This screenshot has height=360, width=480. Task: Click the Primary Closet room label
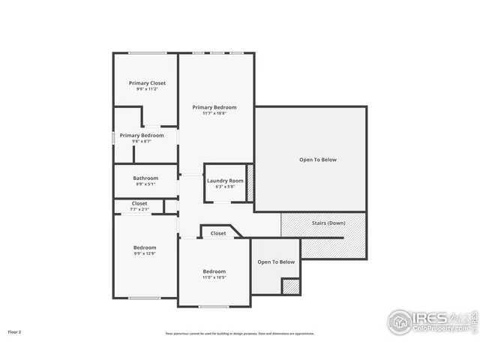click(x=147, y=82)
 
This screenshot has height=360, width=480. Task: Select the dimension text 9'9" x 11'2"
click(x=147, y=89)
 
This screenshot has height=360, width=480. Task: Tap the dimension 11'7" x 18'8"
click(x=214, y=113)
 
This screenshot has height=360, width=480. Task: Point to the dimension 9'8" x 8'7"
click(x=142, y=141)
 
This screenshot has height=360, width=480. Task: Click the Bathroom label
click(x=145, y=178)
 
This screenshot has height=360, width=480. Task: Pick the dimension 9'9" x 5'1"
click(x=145, y=184)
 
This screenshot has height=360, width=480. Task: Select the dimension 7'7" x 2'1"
click(x=139, y=209)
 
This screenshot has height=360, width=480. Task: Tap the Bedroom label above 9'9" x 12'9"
click(x=145, y=247)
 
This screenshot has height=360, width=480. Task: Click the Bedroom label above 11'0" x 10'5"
click(x=214, y=271)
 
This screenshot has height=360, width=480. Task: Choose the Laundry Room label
click(x=225, y=181)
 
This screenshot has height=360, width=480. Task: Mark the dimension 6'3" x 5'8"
click(x=225, y=187)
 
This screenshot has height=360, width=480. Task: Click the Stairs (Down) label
click(x=328, y=223)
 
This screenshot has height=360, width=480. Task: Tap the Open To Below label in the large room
click(x=318, y=159)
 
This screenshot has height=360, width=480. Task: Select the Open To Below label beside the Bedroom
click(x=276, y=262)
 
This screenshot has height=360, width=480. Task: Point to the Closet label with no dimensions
click(x=217, y=233)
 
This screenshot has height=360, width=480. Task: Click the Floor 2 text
click(x=15, y=331)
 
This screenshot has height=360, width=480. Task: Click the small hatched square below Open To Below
click(x=290, y=286)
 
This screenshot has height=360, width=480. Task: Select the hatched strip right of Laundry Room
click(x=250, y=182)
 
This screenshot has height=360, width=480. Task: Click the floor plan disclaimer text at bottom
click(x=240, y=333)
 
